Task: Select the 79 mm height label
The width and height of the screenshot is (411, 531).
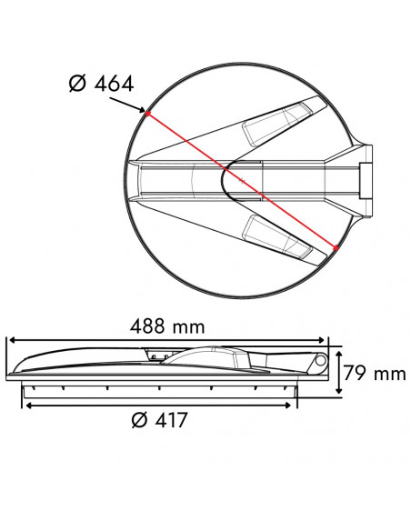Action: (374, 372)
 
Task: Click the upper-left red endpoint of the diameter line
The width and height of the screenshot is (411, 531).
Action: (146, 113)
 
